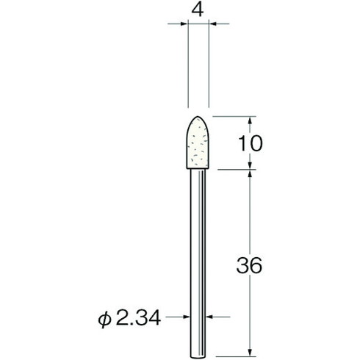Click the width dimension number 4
(198, 11)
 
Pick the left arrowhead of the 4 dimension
(184, 25)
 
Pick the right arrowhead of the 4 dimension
(213, 25)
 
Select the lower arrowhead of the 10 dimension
(253, 165)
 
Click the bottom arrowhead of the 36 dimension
(253, 348)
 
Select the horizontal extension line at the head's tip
(231, 116)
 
